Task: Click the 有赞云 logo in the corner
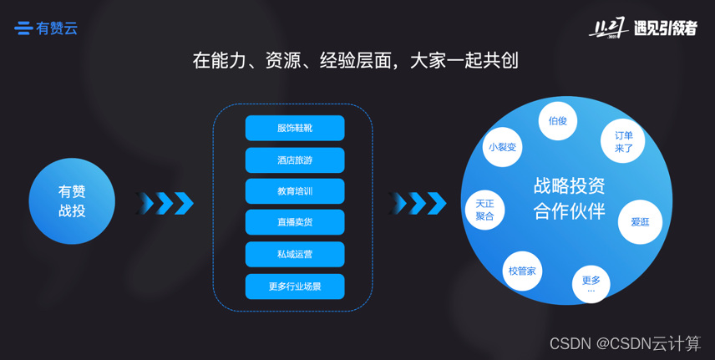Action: coord(46,28)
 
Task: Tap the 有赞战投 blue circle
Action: coord(72,201)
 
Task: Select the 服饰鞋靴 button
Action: coord(295,128)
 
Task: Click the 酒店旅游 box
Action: coord(295,160)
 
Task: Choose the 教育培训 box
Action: coord(295,191)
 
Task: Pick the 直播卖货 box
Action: coord(295,222)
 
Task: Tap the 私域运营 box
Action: coord(295,254)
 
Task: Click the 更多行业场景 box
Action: coord(295,286)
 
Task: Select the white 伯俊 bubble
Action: coord(557,121)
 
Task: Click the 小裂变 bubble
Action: coord(502,147)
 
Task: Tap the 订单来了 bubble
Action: coord(623,141)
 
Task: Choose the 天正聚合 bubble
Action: coord(484,210)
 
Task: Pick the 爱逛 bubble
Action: coord(640,221)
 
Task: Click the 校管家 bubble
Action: coord(523,271)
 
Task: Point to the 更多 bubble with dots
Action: coord(591,284)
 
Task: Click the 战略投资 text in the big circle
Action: coord(569,185)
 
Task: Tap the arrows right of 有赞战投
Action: coord(165,203)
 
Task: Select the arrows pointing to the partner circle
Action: coord(418,203)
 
